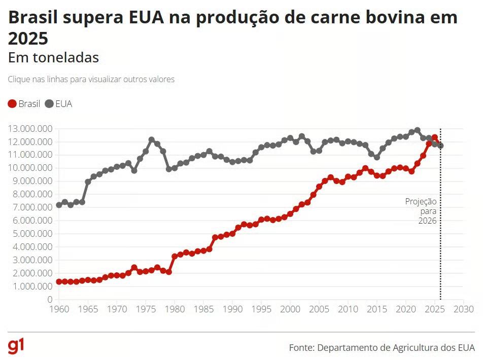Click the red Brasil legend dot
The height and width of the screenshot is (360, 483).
(x=13, y=104)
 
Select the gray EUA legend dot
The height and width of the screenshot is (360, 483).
(x=49, y=104)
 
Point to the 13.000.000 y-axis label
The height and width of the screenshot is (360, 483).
(x=29, y=129)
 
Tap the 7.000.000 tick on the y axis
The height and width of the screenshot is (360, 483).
(x=29, y=207)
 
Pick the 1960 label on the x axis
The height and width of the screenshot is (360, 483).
(x=59, y=309)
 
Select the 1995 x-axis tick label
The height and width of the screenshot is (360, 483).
(x=261, y=309)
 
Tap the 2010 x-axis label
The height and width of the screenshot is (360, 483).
(x=348, y=309)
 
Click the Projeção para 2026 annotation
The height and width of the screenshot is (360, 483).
(x=421, y=211)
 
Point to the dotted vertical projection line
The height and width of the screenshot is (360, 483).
(x=440, y=243)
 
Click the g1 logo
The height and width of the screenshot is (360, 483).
(x=16, y=346)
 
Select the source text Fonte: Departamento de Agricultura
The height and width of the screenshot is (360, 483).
(x=382, y=348)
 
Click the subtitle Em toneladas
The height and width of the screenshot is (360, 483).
(x=53, y=58)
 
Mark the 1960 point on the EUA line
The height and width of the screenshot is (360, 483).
(x=59, y=205)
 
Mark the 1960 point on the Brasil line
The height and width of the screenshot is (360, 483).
(x=59, y=281)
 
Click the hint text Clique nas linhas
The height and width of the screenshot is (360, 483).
(x=91, y=80)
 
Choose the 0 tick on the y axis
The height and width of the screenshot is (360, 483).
(x=49, y=300)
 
